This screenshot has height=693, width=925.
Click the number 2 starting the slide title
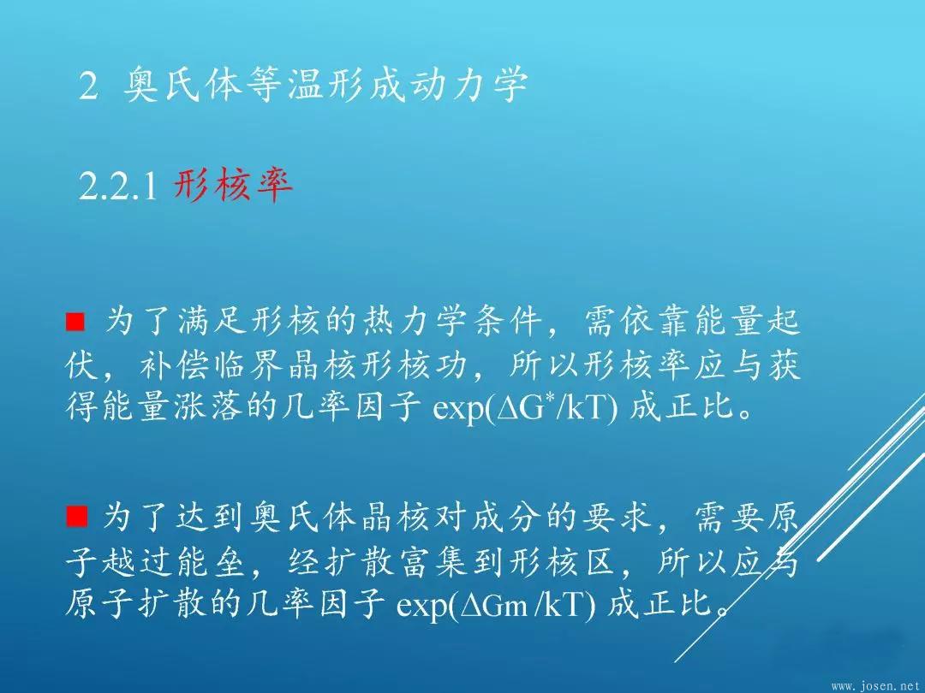[88, 86]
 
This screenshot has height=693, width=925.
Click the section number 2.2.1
[118, 187]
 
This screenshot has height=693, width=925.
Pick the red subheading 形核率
[234, 185]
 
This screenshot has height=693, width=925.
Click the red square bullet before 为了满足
[75, 323]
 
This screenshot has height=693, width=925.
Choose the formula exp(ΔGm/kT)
[496, 603]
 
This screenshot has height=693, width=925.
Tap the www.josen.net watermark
[876, 686]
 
